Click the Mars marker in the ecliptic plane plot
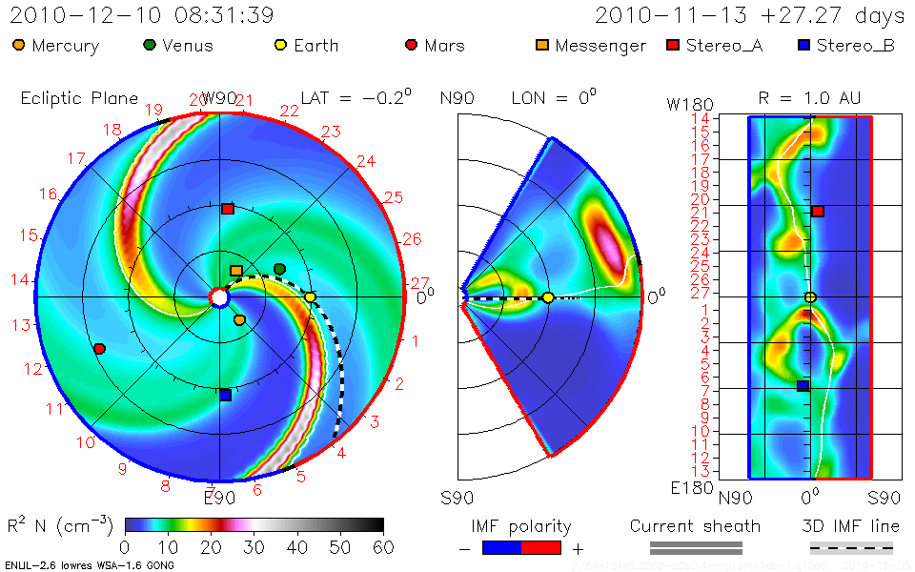tap(99, 349)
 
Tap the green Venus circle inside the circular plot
tap(279, 270)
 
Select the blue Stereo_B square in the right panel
tap(803, 386)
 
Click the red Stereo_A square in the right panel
tap(818, 211)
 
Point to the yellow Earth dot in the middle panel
tap(548, 297)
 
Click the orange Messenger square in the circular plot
tap(236, 272)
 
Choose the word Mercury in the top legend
tap(64, 46)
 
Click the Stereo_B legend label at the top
tap(855, 46)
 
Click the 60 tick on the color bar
tap(383, 546)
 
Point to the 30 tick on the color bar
tap(254, 546)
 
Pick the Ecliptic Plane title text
tap(79, 97)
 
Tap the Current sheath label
tap(695, 526)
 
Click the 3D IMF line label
tap(851, 526)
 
